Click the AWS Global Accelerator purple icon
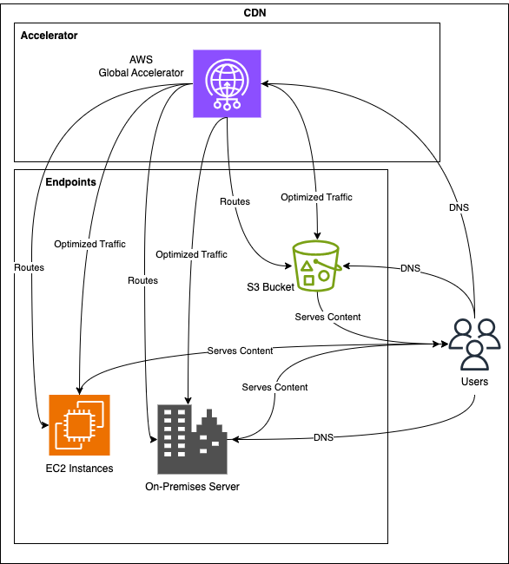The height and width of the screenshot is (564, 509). [228, 84]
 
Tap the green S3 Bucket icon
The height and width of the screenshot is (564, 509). [317, 266]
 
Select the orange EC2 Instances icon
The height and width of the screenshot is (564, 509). [79, 425]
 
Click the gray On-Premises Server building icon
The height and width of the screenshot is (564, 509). [192, 439]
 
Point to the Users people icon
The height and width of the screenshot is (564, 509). [474, 344]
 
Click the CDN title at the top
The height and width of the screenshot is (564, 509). [254, 13]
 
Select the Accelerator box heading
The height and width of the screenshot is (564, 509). [49, 36]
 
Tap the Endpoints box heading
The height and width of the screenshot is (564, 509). [70, 182]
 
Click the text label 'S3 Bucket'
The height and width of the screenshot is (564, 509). [270, 287]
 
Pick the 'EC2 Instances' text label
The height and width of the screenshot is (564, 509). [79, 469]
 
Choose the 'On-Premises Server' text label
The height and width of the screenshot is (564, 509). [192, 487]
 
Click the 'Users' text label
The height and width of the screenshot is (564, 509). [474, 382]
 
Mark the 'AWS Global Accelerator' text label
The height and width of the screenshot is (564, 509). [141, 66]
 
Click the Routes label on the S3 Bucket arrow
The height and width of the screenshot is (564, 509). [235, 201]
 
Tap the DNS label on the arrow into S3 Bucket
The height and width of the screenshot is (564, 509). [410, 268]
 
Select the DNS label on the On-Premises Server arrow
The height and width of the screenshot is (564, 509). [323, 437]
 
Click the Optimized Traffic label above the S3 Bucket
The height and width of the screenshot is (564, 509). [316, 197]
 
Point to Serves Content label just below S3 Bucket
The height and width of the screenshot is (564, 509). [327, 317]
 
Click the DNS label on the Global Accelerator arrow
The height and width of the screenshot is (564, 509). [459, 207]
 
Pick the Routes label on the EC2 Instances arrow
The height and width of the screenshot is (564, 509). [30, 267]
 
